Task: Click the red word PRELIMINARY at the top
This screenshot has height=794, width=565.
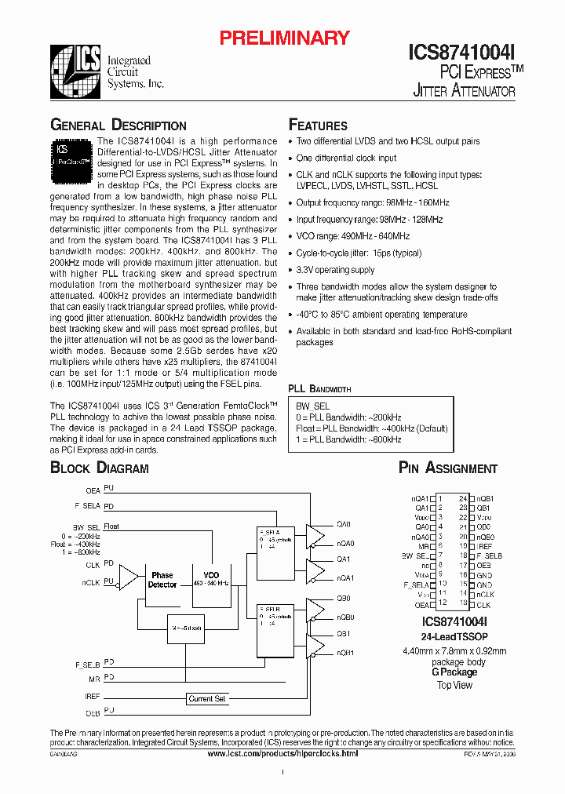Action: [283, 38]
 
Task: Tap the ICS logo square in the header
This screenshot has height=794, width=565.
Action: [75, 71]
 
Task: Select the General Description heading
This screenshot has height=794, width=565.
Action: [118, 126]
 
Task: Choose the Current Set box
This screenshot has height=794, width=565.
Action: [207, 698]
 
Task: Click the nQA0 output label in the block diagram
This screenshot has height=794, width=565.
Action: [345, 543]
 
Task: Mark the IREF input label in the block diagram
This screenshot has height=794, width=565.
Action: [92, 696]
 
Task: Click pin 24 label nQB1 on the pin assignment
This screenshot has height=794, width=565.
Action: [485, 498]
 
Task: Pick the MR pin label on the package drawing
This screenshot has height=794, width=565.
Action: [423, 545]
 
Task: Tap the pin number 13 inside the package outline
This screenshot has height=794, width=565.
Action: [464, 603]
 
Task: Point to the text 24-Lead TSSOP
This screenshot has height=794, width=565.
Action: [454, 636]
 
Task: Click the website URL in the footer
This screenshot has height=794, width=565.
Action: [282, 753]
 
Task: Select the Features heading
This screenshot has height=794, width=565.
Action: [318, 126]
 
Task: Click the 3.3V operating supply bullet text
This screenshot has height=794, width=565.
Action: [335, 270]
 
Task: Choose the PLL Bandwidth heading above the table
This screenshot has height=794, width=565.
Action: [319, 388]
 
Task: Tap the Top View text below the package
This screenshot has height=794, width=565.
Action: [454, 685]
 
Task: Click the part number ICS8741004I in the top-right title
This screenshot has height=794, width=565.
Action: [461, 53]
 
